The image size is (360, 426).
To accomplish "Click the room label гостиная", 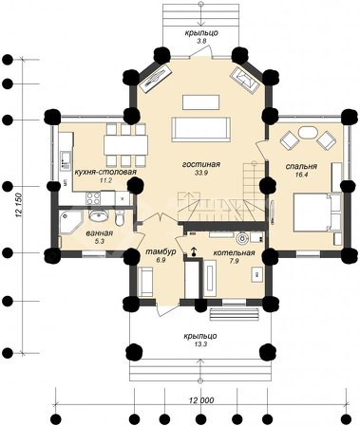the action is click(x=201, y=164).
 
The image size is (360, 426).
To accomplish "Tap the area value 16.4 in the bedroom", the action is click(x=301, y=175).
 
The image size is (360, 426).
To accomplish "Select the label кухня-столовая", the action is click(x=105, y=172).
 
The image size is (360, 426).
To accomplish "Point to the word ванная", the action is click(x=100, y=233).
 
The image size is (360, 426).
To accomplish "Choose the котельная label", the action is click(x=234, y=252).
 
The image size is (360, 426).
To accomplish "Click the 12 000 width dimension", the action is click(x=201, y=400).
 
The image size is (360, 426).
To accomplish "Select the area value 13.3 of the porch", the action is click(x=199, y=344).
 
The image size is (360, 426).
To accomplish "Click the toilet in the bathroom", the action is click(x=120, y=217).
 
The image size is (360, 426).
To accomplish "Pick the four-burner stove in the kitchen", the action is click(x=93, y=198).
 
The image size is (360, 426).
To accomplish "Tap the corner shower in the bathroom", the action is click(x=70, y=222).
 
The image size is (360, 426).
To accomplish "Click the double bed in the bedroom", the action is click(x=317, y=213).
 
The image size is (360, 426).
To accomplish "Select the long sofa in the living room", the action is click(x=201, y=130).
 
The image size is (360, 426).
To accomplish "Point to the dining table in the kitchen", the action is click(x=126, y=145).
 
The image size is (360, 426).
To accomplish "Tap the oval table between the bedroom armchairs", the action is click(x=308, y=133).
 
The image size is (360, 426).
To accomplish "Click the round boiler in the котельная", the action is click(x=243, y=238).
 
